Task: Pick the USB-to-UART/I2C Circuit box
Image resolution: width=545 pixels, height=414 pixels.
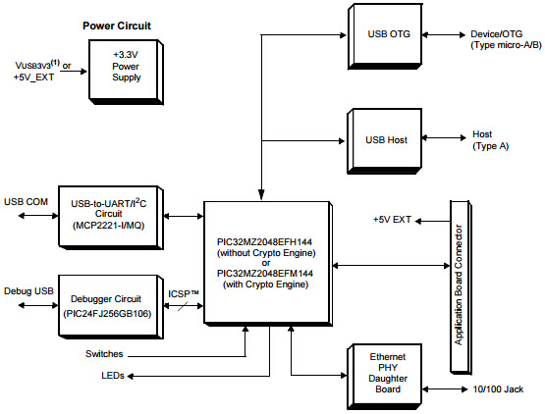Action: pos(109,214)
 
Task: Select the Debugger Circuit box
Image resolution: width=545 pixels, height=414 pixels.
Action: pos(109,303)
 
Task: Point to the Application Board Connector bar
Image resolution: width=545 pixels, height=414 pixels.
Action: pos(459,285)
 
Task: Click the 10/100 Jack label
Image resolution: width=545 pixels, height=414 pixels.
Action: pos(498,389)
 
